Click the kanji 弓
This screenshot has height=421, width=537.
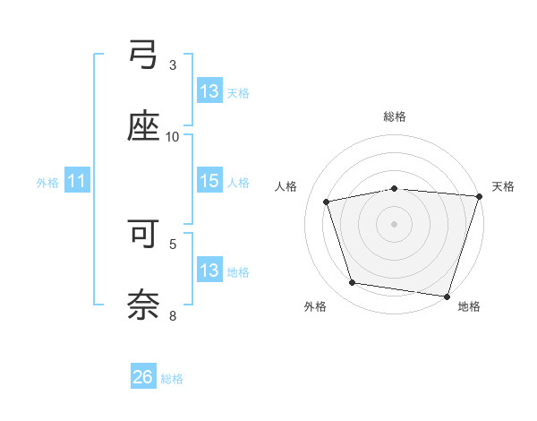coord(143,58)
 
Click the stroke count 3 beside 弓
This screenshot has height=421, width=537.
coord(173,65)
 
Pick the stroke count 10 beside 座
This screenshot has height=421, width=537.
coord(173,136)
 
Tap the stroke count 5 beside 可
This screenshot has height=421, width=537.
coord(173,243)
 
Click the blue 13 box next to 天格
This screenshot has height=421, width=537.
coord(209,91)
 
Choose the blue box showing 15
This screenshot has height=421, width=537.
coord(209,181)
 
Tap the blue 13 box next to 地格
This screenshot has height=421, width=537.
coord(209,271)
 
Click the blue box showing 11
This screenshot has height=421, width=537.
coord(77,181)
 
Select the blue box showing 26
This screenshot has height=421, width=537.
coord(143,377)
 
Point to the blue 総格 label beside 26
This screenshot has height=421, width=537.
coord(172,378)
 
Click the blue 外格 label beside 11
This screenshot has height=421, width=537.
coord(47,182)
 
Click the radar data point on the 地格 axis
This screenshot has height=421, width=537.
coord(447,296)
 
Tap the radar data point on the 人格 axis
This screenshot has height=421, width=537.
coord(327,202)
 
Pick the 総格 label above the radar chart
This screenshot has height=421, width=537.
coord(395,116)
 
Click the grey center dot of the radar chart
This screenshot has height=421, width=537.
coord(395,223)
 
